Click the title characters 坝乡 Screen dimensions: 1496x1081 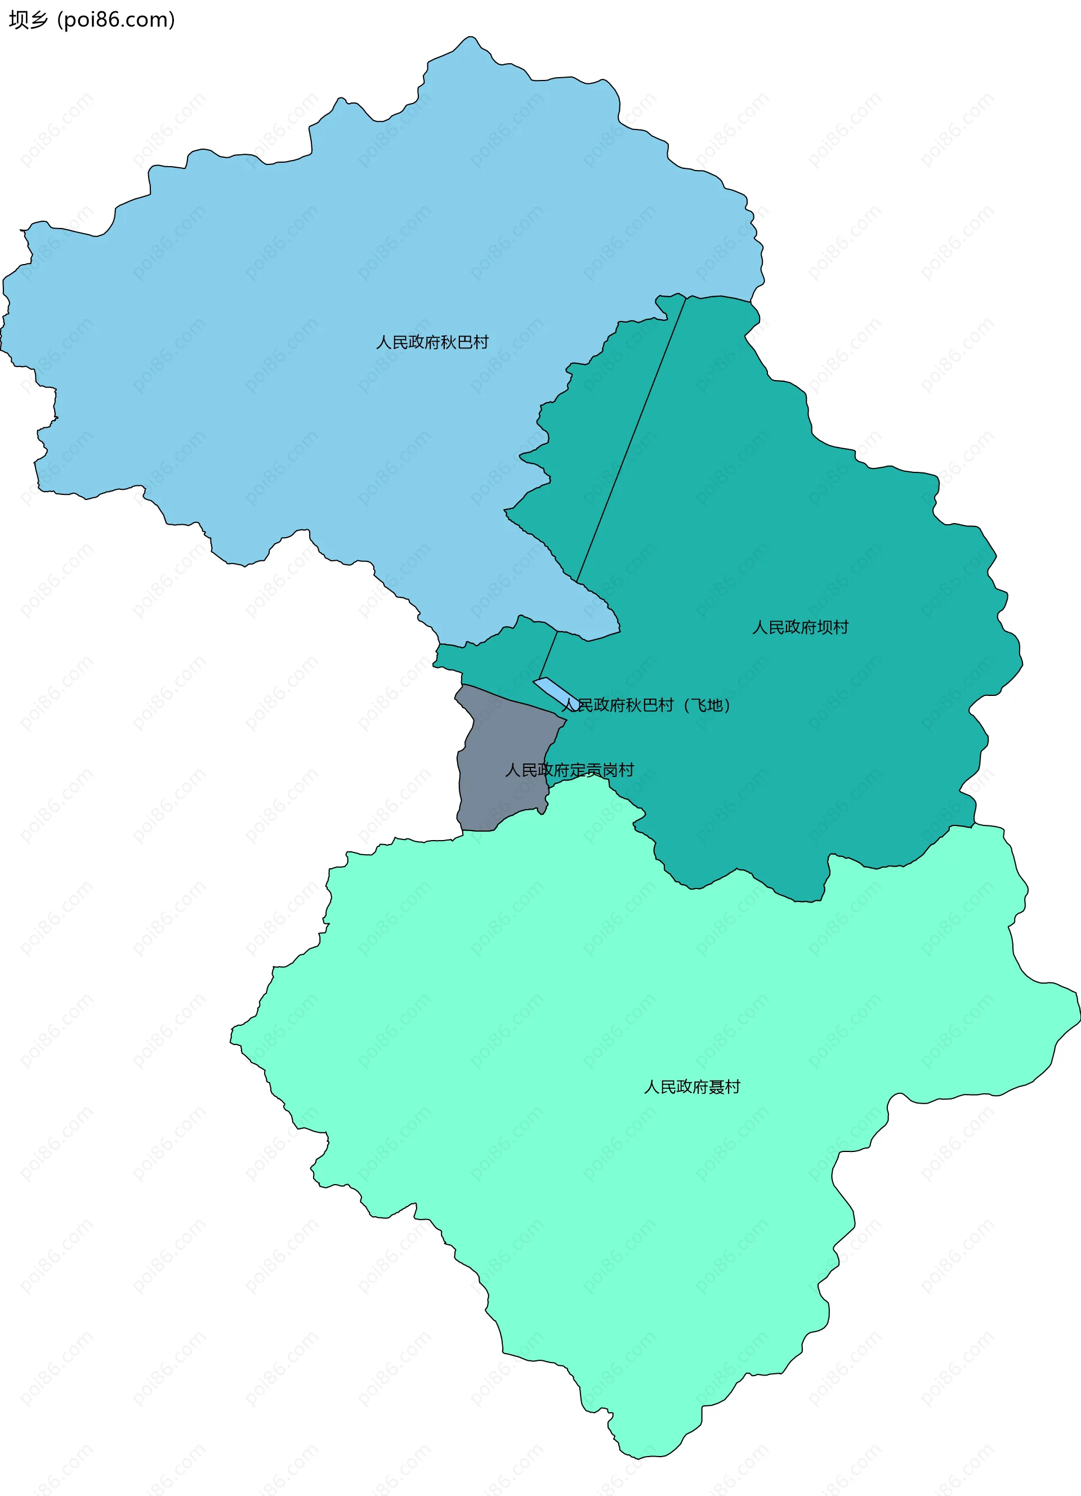click(28, 20)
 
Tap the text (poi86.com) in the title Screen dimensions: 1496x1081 click(116, 20)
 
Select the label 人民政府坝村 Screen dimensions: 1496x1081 click(800, 627)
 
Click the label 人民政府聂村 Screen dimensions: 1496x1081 click(692, 1087)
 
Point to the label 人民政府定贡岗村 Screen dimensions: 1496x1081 click(569, 770)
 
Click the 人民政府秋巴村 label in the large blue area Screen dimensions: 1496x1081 click(432, 342)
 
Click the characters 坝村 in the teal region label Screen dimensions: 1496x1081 click(832, 627)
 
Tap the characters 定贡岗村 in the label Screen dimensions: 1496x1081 click(601, 770)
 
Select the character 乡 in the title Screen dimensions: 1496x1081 click(39, 20)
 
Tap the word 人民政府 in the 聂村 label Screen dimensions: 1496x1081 click(676, 1087)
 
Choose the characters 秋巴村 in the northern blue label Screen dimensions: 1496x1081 click(464, 342)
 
